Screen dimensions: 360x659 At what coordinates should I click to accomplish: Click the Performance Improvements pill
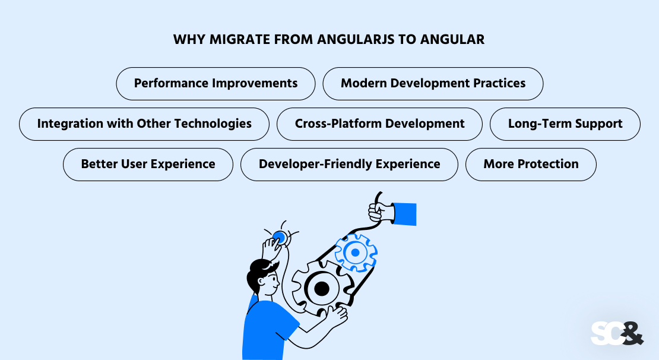216,83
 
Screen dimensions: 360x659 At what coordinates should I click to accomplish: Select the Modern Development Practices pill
433,83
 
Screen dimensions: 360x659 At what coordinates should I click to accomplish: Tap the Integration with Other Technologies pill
144,124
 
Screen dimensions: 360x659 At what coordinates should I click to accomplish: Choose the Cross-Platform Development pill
379,124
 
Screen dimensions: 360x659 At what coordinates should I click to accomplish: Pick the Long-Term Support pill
565,124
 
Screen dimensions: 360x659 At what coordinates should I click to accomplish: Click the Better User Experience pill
148,164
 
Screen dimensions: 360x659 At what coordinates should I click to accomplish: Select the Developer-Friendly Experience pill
349,164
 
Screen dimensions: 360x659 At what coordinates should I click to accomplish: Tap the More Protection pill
531,164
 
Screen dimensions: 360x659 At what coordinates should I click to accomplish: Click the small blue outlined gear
355,252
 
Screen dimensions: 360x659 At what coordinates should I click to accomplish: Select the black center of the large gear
321,289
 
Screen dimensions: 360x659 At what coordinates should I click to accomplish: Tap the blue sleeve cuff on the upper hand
405,214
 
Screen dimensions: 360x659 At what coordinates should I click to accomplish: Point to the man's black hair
260,270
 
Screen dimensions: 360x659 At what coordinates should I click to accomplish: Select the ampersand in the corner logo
632,333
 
